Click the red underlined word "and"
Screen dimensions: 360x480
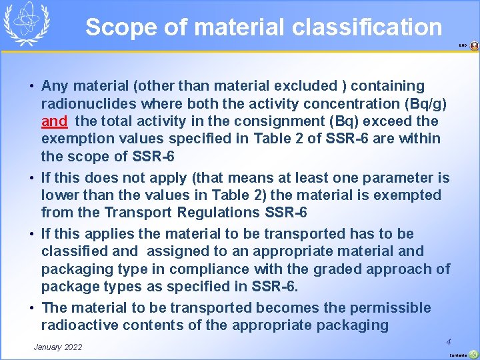click(x=54, y=121)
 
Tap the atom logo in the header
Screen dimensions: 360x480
click(x=27, y=24)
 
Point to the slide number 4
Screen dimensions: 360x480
click(x=449, y=341)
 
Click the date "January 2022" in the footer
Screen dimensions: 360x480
click(x=58, y=347)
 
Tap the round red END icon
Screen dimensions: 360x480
click(x=474, y=46)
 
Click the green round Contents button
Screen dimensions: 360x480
click(x=473, y=355)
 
